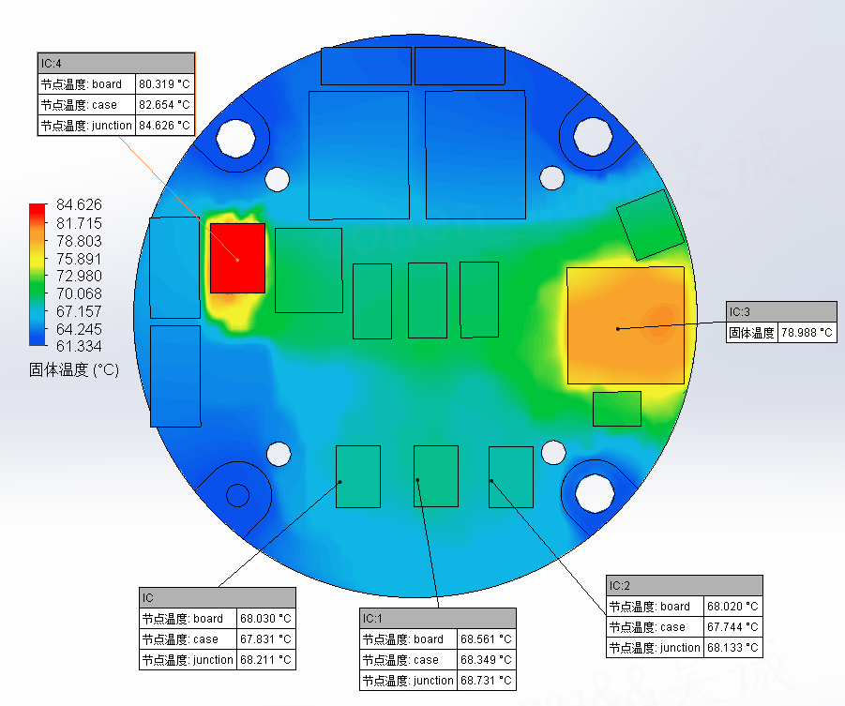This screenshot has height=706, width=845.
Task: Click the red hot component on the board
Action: [237, 258]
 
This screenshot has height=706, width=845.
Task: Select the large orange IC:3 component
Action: [626, 325]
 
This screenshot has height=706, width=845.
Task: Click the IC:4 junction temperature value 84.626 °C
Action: [164, 126]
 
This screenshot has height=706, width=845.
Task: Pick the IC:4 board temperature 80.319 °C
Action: [164, 84]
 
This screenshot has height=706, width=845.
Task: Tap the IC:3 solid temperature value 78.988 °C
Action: [807, 333]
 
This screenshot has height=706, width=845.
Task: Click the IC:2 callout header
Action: [685, 586]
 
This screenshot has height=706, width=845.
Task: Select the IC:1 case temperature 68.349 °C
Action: [486, 660]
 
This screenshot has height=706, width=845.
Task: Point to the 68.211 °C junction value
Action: [265, 660]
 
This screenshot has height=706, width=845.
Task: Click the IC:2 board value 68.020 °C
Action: [732, 607]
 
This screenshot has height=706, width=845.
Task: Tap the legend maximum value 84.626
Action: [79, 204]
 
